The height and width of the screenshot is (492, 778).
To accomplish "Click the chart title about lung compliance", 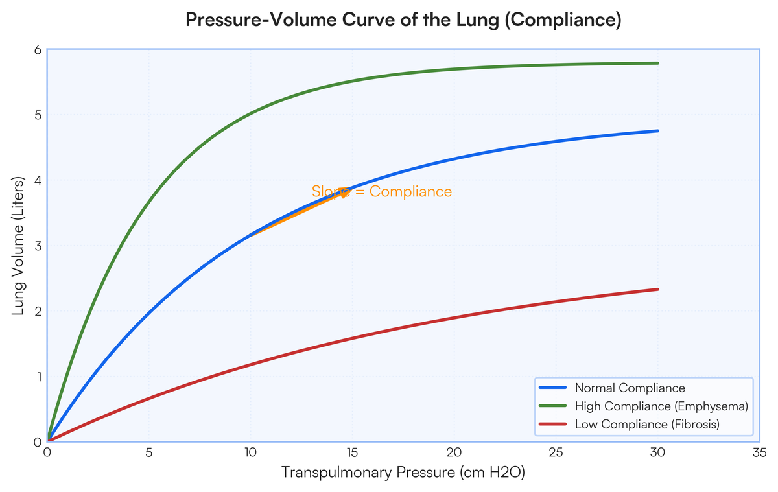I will pyautogui.click(x=403, y=20).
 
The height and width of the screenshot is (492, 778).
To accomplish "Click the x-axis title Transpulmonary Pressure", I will pyautogui.click(x=403, y=473).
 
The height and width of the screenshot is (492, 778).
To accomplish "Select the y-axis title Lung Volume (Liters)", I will pyautogui.click(x=19, y=246).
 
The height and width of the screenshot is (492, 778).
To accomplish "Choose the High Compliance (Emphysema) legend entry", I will pyautogui.click(x=661, y=406).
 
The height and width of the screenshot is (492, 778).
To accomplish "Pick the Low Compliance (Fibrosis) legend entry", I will pyautogui.click(x=647, y=425).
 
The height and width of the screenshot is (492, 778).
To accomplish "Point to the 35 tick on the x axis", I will pyautogui.click(x=759, y=452).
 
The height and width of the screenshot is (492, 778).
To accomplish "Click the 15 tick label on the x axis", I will pyautogui.click(x=352, y=452).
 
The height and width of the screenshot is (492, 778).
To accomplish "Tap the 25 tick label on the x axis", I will pyautogui.click(x=556, y=452).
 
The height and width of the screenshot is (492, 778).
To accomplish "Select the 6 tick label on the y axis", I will pyautogui.click(x=37, y=50).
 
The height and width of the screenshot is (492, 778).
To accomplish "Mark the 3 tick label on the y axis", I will pyautogui.click(x=37, y=246).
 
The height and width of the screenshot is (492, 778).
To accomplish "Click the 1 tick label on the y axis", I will pyautogui.click(x=37, y=377).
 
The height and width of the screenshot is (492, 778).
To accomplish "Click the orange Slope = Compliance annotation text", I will pyautogui.click(x=381, y=192).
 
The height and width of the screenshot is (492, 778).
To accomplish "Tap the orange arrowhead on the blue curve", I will pyautogui.click(x=346, y=192).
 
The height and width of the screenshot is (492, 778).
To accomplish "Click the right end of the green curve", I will pyautogui.click(x=658, y=63).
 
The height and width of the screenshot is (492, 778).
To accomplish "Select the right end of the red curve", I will pyautogui.click(x=658, y=289).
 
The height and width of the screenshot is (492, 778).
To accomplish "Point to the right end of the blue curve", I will pyautogui.click(x=658, y=131).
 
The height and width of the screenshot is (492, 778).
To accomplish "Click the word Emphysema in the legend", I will pyautogui.click(x=716, y=406).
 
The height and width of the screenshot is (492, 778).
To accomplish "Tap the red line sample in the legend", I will pyautogui.click(x=552, y=425).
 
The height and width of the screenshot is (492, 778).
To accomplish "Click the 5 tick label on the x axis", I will pyautogui.click(x=149, y=452).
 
